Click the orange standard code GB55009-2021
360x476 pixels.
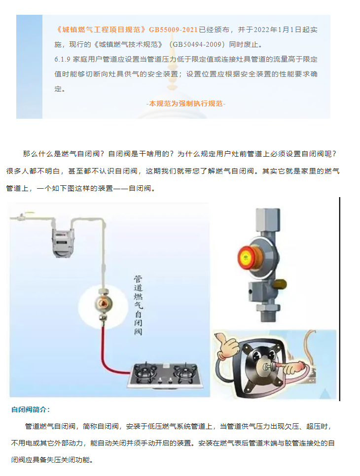[173, 30]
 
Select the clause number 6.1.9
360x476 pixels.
[62, 59]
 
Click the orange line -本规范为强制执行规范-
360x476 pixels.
[185, 104]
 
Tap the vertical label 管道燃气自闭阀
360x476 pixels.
[138, 305]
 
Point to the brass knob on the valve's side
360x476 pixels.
[279, 284]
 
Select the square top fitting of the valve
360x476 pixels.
[267, 220]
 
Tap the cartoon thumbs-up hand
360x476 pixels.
[226, 346]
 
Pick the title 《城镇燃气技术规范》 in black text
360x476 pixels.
[129, 45]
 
